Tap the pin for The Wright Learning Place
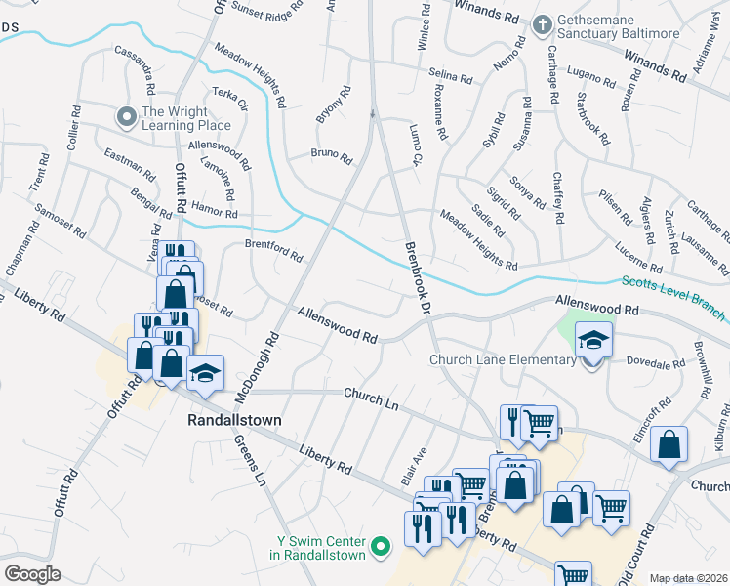pos(126,117)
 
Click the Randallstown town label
pos(233,420)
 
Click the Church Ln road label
pos(372,398)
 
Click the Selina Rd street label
pos(450,74)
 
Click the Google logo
pos(33,573)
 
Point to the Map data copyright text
pos(687,578)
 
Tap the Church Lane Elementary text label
pos(503,360)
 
